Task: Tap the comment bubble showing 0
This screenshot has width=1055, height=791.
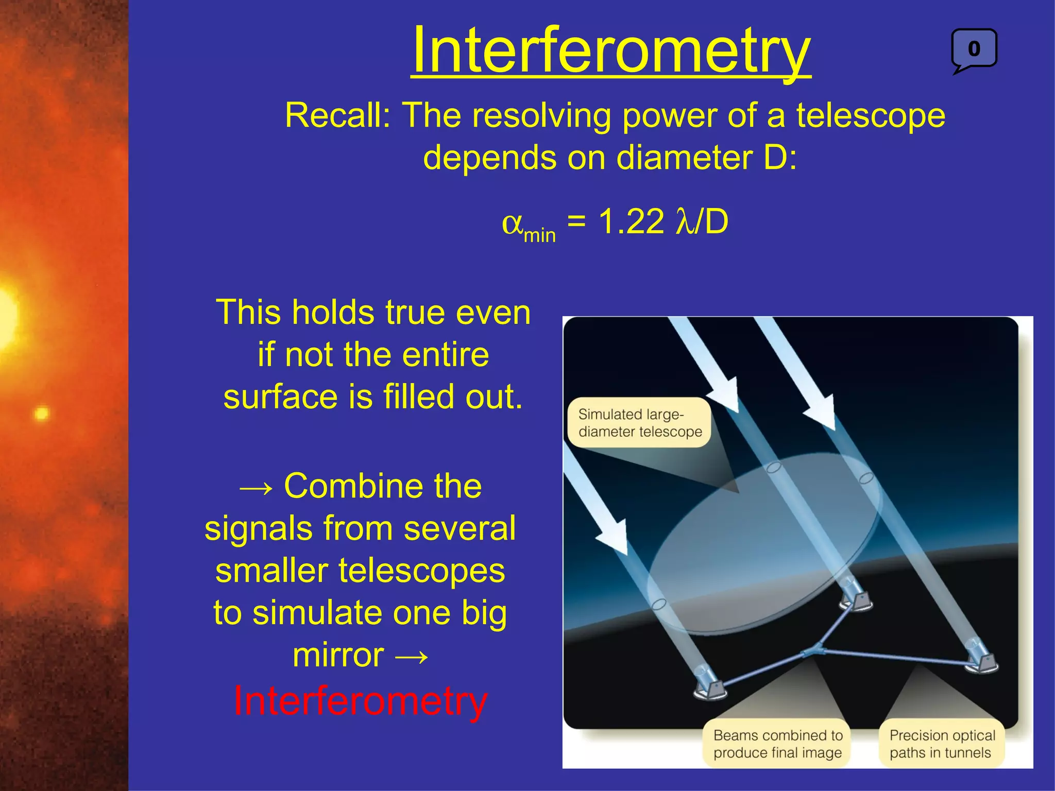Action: coord(974,49)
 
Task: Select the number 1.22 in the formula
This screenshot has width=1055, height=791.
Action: coord(631,222)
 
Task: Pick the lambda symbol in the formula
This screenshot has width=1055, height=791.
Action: coord(685,222)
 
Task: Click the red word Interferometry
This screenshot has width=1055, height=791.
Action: coord(360,701)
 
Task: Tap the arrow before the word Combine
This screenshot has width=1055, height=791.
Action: coord(256,487)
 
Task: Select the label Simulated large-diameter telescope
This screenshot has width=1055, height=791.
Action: coord(639,423)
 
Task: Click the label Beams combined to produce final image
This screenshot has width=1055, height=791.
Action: coord(777,744)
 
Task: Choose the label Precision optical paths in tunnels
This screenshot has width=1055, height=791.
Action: coord(942,744)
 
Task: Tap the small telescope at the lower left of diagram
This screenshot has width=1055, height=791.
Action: coord(710,685)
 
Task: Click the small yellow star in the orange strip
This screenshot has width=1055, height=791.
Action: coord(41,414)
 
